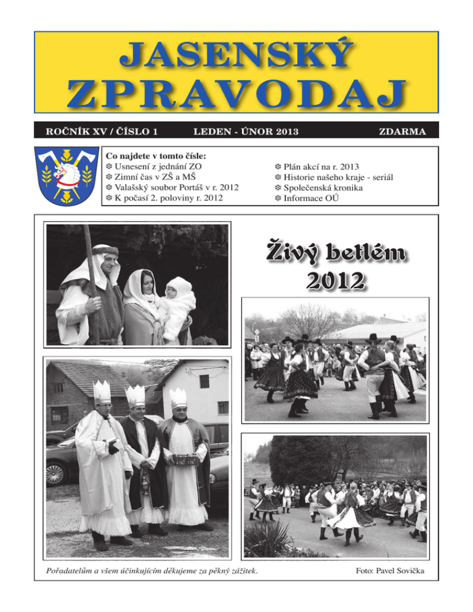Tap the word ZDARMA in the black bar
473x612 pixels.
(x=403, y=131)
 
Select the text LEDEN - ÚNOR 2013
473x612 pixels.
(x=237, y=131)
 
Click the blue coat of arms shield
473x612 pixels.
(x=66, y=175)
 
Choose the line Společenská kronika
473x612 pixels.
(x=323, y=187)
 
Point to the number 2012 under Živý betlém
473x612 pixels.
(x=336, y=281)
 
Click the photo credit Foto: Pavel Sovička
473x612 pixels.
(x=390, y=573)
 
